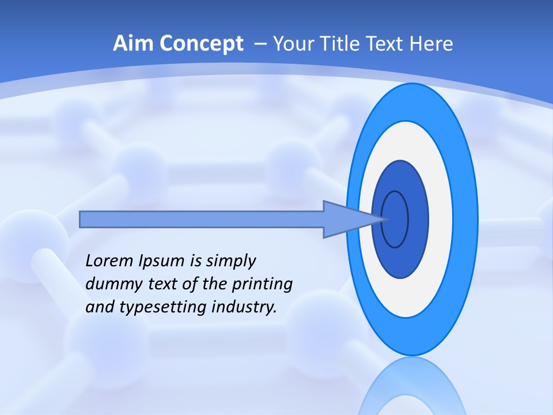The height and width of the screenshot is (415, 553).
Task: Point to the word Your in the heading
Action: coord(291,44)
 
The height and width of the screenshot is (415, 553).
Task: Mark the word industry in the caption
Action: coord(244,307)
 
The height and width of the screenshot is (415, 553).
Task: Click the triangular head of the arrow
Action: coord(346,219)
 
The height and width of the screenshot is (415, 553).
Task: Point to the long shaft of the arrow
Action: coord(202,219)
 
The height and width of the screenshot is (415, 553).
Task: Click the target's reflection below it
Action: coord(412,389)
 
